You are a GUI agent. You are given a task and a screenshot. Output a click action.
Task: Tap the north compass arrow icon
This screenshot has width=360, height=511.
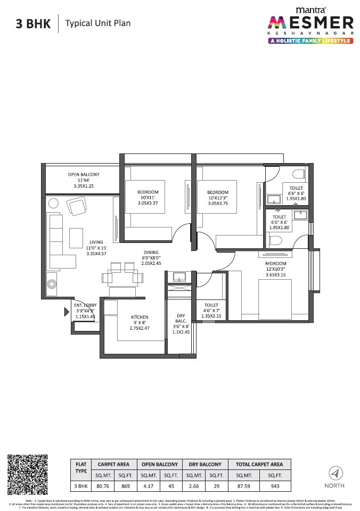[334, 473]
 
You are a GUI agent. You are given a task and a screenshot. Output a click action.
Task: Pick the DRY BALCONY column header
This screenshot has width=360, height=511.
[205, 464]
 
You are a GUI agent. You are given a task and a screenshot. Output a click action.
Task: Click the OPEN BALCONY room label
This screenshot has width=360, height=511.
[83, 175]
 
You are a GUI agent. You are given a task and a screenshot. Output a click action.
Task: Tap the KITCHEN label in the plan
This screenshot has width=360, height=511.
[140, 317]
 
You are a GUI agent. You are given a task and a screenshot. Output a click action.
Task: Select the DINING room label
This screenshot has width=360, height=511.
[151, 252]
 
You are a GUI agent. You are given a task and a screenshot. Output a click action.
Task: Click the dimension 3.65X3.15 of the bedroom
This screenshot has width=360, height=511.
[275, 275]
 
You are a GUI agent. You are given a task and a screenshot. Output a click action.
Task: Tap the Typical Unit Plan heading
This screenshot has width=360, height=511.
[97, 23]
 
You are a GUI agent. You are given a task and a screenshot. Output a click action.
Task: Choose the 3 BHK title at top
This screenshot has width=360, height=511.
[31, 23]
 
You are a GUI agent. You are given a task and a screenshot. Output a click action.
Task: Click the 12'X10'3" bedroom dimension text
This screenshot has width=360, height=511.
[275, 270]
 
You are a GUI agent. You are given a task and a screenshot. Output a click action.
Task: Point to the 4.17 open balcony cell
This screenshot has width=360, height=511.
[148, 486]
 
